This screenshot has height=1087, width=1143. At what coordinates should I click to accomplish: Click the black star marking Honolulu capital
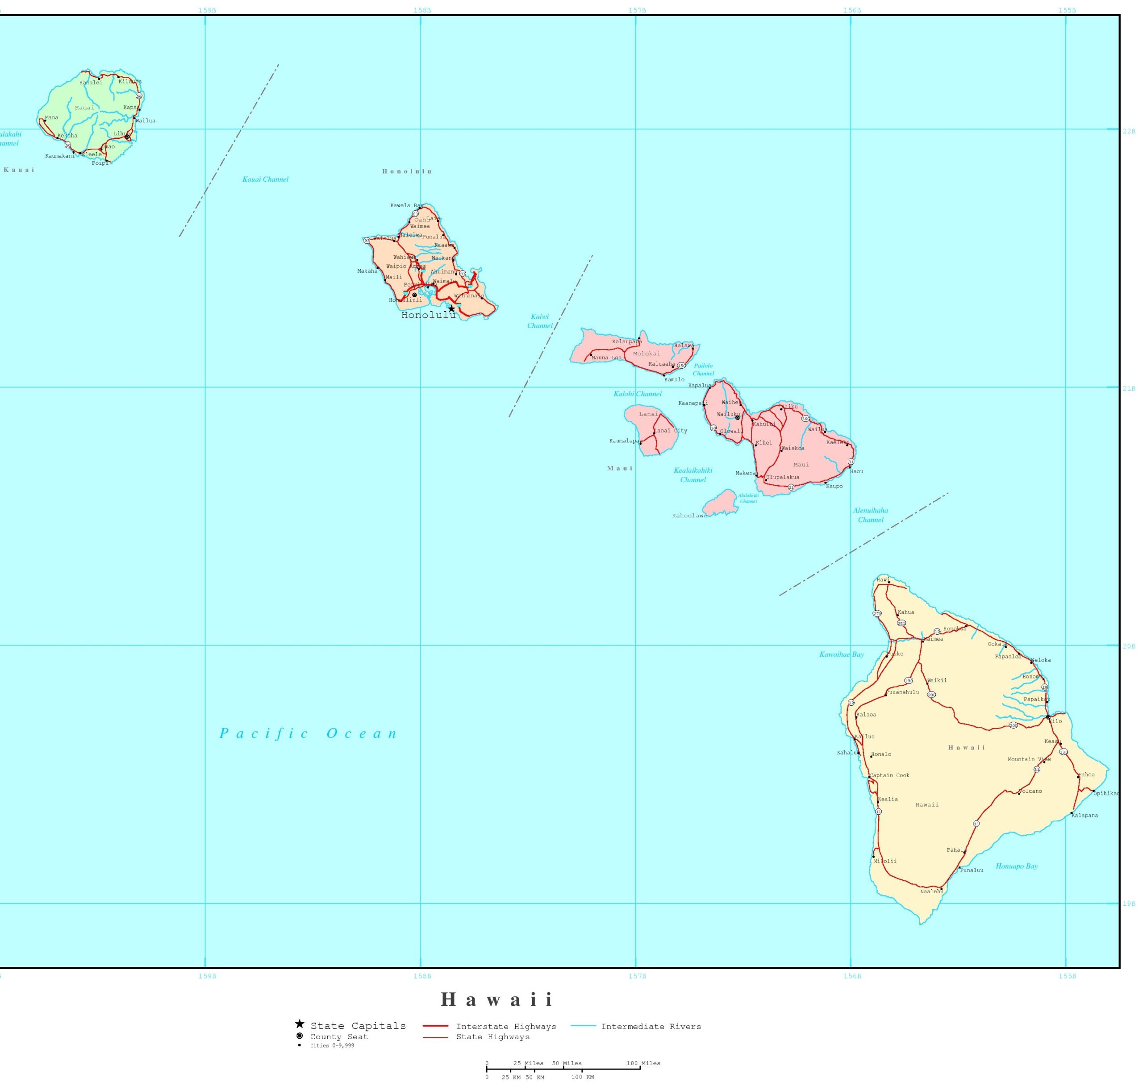pos(451,309)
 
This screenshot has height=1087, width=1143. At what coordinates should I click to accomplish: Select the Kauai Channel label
pos(265,179)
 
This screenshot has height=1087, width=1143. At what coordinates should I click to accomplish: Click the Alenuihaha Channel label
pos(870,515)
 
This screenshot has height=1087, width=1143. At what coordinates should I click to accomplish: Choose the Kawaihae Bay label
pos(841,655)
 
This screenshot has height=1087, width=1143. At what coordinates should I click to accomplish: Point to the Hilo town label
pos(1055,721)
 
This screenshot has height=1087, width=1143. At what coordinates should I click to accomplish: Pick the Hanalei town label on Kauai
pos(91,83)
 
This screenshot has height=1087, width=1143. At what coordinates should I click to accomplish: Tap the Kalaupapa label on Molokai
pos(626,342)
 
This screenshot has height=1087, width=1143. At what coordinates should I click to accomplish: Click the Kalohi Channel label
pos(637,394)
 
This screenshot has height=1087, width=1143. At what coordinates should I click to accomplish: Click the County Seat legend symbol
pos(300,1036)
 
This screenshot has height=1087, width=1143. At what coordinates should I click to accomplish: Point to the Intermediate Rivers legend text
pos(651,1027)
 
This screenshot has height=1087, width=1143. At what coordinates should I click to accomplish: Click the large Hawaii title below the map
pos(498,1000)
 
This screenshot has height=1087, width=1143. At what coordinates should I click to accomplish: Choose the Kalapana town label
pos(1085,816)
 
